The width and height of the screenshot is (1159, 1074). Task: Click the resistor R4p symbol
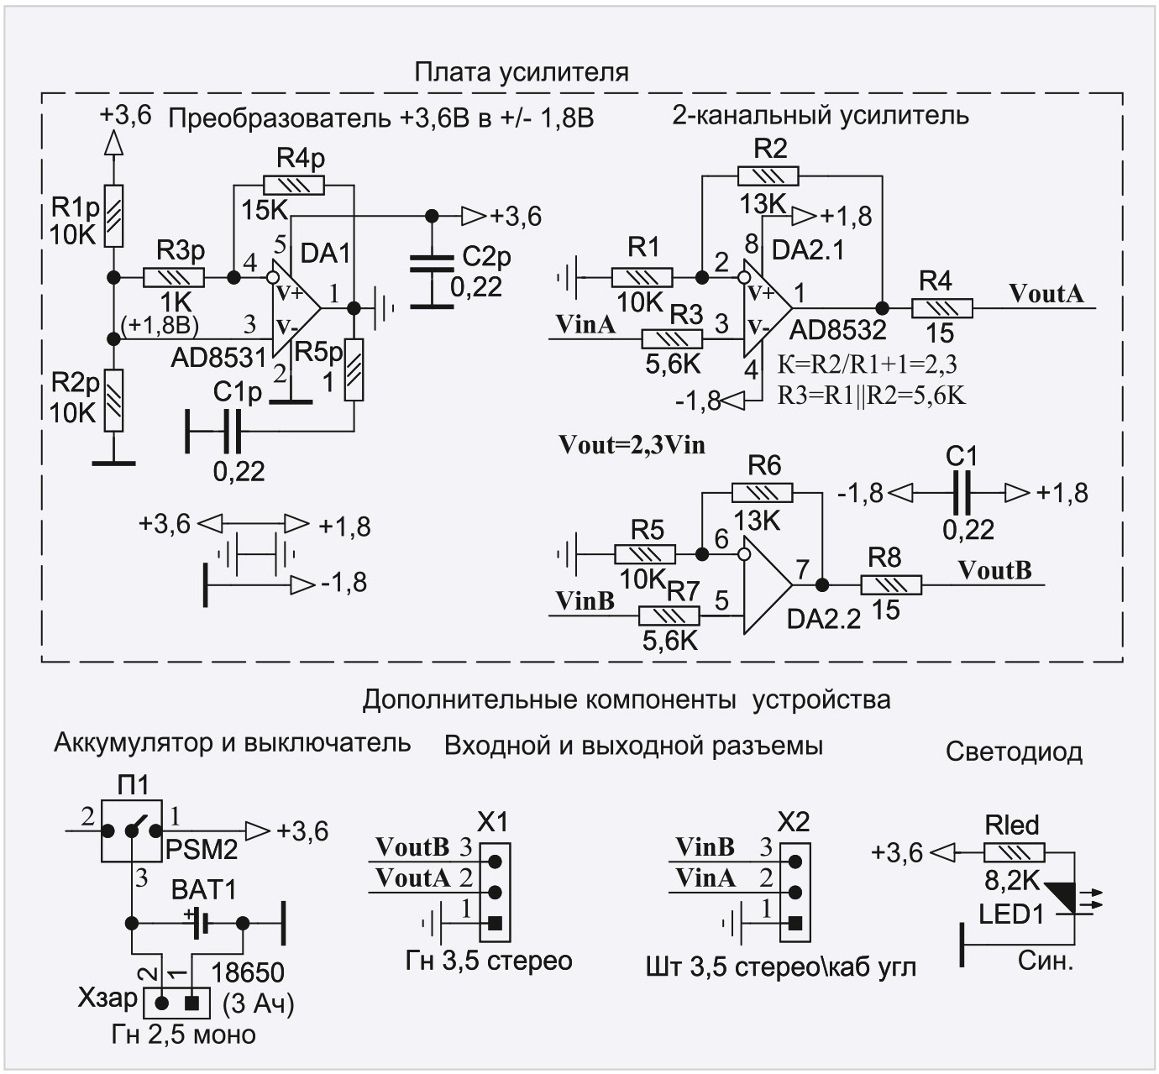coord(293,186)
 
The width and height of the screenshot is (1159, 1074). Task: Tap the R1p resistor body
coord(113,216)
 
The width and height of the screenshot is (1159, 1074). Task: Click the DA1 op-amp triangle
coord(294,307)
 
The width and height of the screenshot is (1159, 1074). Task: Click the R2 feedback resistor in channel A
coord(768,176)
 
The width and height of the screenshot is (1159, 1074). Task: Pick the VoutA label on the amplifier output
coord(1046,293)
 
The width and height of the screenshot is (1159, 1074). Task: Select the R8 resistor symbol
coord(890,585)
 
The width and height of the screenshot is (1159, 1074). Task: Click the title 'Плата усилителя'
coord(521,72)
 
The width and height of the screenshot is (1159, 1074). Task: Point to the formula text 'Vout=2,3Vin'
coord(632,445)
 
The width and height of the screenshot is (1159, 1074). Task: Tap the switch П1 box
coord(132,830)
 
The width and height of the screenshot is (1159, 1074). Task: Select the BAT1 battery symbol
coord(200,924)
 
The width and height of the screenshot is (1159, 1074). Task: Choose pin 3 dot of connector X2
coord(795,861)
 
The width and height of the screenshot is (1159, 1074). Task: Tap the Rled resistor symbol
coord(1014,853)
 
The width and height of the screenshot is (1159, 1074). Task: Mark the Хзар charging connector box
coord(176,1002)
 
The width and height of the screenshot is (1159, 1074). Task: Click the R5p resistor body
coord(354,370)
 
